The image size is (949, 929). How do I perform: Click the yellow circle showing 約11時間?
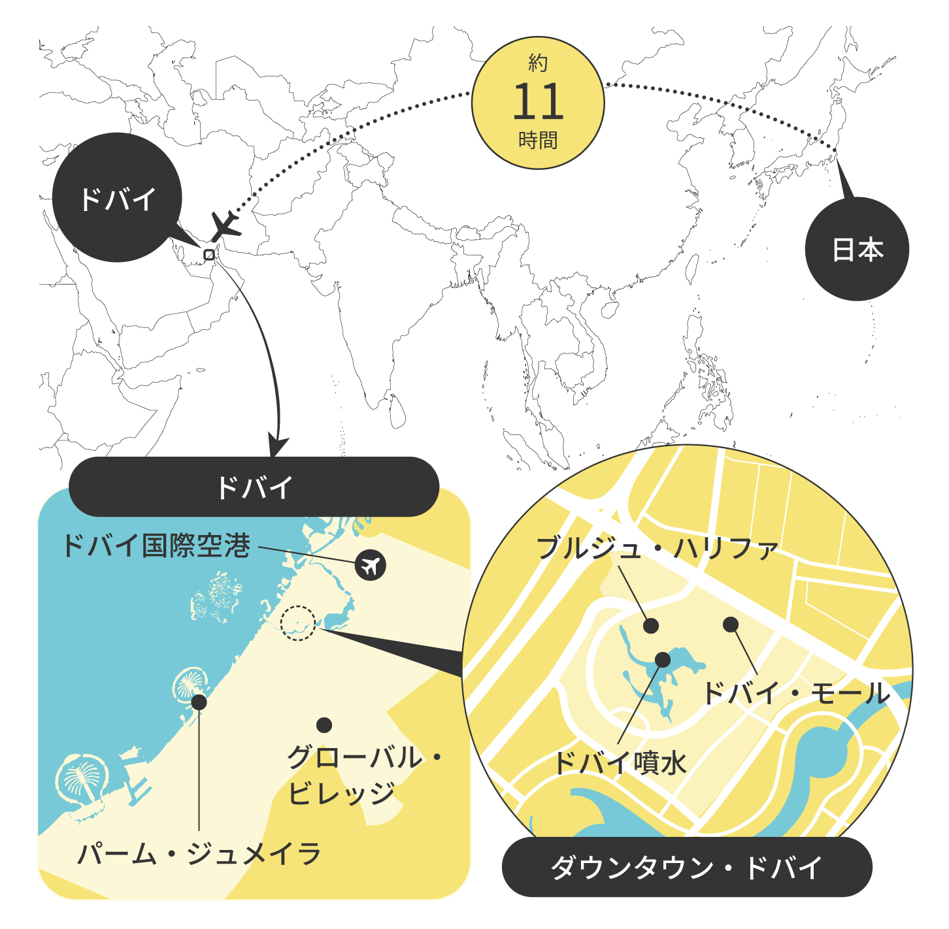538,103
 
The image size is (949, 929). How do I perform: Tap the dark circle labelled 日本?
857,250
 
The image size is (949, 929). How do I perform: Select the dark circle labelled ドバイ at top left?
117,198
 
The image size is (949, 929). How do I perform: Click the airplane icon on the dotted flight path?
225,226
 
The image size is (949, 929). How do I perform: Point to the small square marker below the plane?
209,255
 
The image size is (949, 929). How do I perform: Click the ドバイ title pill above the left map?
254,487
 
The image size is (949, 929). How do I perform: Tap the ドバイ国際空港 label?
156,546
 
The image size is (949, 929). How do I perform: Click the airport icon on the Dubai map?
371,565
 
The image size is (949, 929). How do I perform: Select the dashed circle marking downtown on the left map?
298,623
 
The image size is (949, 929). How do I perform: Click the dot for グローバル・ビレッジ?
324,725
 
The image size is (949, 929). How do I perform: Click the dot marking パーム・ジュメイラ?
199,702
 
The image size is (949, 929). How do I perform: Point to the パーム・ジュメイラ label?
199,854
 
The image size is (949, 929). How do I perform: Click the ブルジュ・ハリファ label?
657,548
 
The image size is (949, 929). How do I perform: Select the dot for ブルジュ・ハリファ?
651,626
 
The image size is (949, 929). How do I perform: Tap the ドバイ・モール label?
796,693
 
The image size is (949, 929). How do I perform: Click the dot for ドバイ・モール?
731,625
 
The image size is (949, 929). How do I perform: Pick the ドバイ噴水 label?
620,762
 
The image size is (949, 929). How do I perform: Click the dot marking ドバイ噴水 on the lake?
663,660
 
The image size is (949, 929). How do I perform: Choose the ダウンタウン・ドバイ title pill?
687,868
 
